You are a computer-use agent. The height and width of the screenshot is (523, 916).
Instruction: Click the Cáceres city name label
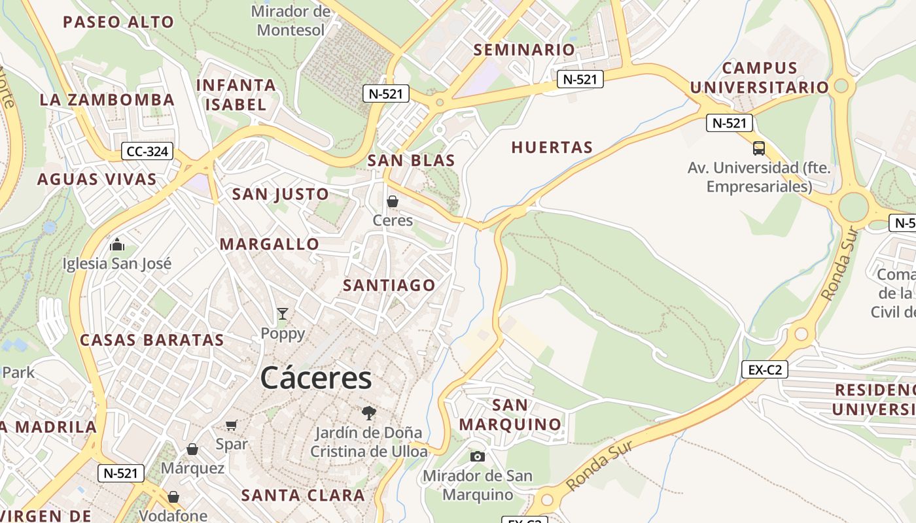click(x=316, y=378)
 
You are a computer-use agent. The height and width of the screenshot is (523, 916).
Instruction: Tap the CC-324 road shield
click(x=148, y=152)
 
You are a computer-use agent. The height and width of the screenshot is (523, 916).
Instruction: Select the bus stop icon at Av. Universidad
click(x=759, y=148)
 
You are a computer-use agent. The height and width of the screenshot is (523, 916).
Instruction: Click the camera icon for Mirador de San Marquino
click(x=478, y=456)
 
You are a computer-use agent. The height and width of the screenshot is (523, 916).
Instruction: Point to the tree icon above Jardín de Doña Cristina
click(x=369, y=413)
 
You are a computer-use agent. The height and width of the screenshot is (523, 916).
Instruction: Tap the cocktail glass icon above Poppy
click(x=283, y=314)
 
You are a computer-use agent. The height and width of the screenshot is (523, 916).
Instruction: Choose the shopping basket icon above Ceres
click(x=393, y=201)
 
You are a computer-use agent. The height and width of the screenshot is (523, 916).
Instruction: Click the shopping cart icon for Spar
click(x=231, y=426)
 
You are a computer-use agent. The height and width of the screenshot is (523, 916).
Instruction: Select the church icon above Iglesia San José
click(x=117, y=245)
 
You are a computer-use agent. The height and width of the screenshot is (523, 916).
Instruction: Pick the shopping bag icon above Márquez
click(x=192, y=449)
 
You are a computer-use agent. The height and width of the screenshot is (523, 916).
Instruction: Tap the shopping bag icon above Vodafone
click(x=173, y=498)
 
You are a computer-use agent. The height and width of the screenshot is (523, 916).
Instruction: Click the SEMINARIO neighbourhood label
click(x=524, y=50)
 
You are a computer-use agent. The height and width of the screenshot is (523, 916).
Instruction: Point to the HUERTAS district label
click(x=552, y=148)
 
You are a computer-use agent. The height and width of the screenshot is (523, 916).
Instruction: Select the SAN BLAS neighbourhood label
click(x=411, y=160)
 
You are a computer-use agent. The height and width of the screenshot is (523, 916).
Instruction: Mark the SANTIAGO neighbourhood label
click(x=389, y=285)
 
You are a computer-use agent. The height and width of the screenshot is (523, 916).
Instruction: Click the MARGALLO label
click(x=270, y=245)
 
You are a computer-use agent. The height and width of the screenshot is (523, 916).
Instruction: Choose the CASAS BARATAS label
click(x=152, y=340)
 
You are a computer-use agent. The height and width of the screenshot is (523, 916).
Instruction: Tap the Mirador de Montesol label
click(x=291, y=20)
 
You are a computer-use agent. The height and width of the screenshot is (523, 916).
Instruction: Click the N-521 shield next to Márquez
click(x=121, y=473)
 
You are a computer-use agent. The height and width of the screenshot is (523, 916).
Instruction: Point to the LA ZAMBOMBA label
click(x=107, y=100)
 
